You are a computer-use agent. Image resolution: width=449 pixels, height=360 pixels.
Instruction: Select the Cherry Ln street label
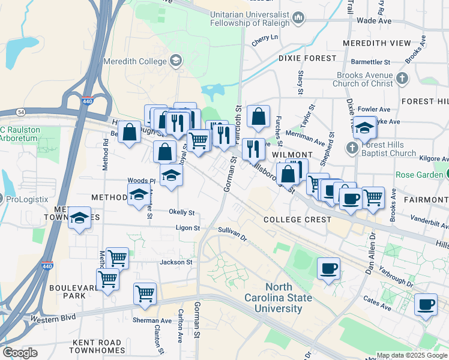click(265, 37)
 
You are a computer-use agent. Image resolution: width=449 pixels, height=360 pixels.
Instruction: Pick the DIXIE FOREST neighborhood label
click(307, 58)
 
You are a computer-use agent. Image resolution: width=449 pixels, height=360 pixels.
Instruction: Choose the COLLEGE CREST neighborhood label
click(297, 220)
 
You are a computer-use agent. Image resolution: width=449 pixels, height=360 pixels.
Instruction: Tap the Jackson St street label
click(175, 262)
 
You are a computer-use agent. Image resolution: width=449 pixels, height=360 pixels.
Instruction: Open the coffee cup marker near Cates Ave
click(426, 304)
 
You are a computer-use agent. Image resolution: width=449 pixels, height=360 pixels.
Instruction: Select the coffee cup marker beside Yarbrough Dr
click(328, 269)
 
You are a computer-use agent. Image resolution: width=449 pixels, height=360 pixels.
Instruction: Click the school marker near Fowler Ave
click(364, 127)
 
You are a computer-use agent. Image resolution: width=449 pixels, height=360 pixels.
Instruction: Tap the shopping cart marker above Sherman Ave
click(145, 293)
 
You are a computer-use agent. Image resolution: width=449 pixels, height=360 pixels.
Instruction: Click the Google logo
click(20, 352)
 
